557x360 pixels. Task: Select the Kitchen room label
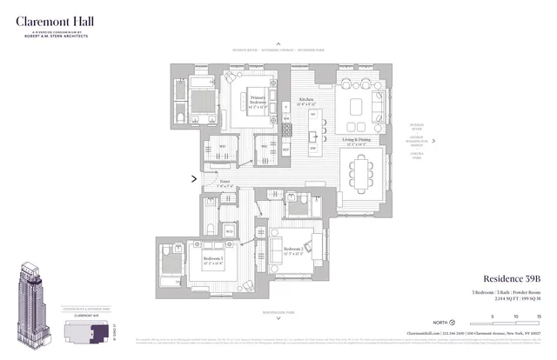coord(306,102)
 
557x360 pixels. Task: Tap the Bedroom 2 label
coord(293,251)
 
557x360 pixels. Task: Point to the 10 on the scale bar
coord(516,316)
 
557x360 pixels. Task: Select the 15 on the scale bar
coord(540,316)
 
